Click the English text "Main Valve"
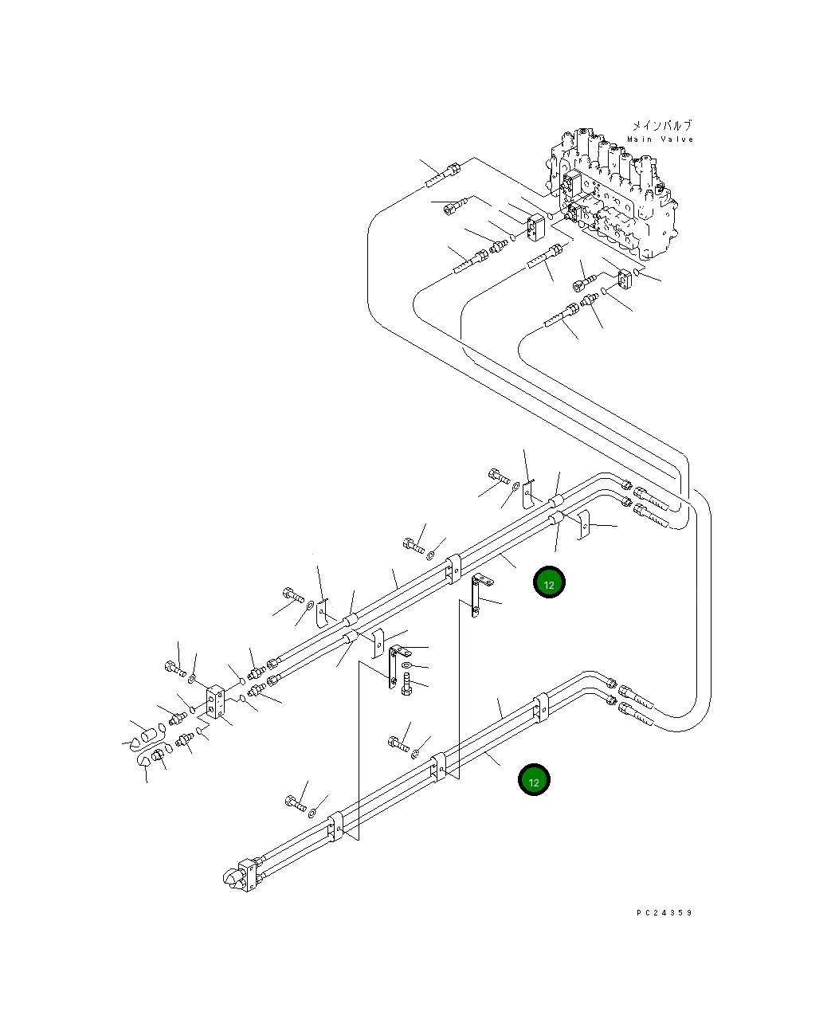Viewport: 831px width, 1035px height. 660,139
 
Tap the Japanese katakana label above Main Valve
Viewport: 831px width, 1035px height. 661,126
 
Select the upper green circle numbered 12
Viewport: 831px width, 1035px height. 549,582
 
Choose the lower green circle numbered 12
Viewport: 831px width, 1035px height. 534,779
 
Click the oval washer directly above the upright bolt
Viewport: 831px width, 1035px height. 406,665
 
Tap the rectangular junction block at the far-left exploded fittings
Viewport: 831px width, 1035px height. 215,702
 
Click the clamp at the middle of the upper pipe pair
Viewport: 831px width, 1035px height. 453,570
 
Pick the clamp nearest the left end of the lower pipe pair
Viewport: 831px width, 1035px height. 335,826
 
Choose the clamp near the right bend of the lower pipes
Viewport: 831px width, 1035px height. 541,707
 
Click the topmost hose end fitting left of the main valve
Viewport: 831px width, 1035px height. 442,175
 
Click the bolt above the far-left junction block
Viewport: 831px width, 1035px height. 175,668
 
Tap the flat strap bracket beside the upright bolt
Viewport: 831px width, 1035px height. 394,665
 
